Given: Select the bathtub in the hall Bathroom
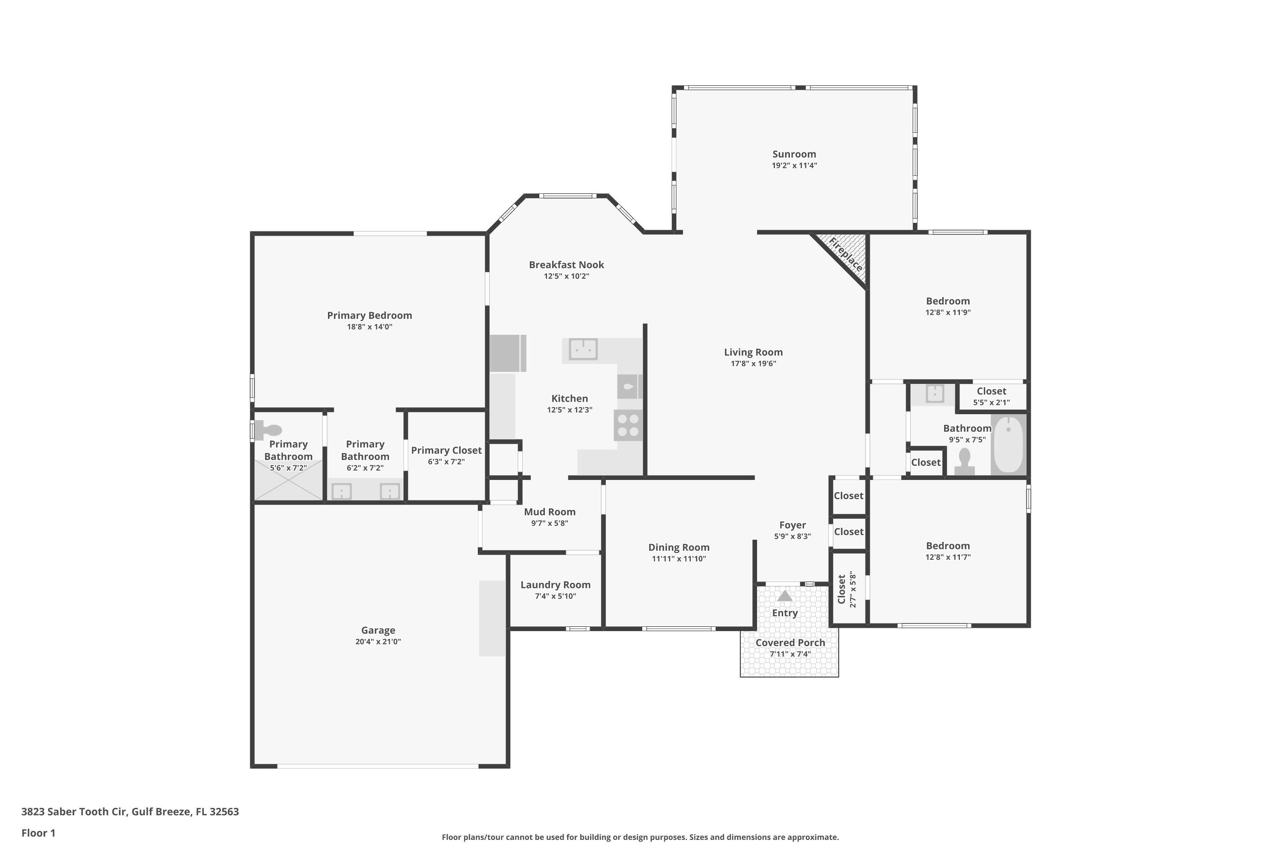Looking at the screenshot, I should [1008, 445].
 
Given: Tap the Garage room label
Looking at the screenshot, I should [378, 630].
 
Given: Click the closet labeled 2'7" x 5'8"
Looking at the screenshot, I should [848, 589].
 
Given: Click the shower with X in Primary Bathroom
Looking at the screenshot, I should [288, 480].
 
